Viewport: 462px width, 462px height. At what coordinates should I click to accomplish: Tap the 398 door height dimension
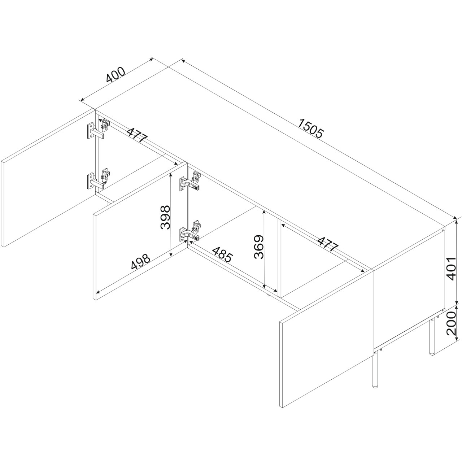[x=165, y=217]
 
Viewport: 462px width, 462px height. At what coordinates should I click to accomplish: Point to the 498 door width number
[x=141, y=262]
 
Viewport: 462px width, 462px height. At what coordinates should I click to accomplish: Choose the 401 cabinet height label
[x=452, y=269]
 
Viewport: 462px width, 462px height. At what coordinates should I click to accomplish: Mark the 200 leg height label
[x=452, y=323]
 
